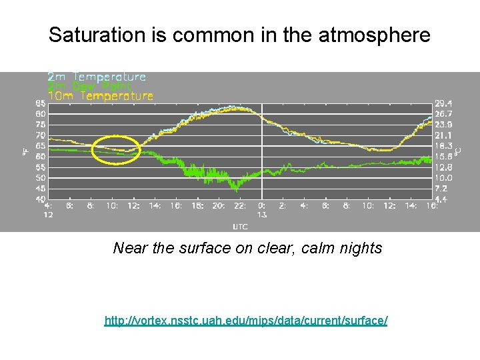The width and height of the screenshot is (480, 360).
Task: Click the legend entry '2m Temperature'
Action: tap(96, 77)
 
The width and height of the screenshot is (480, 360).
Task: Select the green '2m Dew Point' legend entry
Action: tap(89, 86)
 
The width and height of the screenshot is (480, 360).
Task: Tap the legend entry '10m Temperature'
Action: tap(100, 95)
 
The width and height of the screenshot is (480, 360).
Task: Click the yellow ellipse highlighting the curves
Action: tap(116, 150)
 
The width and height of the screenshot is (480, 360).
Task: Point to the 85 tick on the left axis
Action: tap(41, 103)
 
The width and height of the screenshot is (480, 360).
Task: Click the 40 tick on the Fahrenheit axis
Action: tap(41, 199)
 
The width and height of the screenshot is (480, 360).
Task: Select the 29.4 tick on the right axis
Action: tap(443, 103)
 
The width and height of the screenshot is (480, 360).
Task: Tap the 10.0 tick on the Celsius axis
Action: tap(443, 178)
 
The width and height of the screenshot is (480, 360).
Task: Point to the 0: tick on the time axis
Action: tap(262, 207)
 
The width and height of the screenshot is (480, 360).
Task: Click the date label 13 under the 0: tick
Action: tap(262, 215)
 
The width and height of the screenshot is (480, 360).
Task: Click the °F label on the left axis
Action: tap(25, 152)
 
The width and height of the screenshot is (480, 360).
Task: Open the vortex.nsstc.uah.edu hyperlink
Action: tap(246, 321)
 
